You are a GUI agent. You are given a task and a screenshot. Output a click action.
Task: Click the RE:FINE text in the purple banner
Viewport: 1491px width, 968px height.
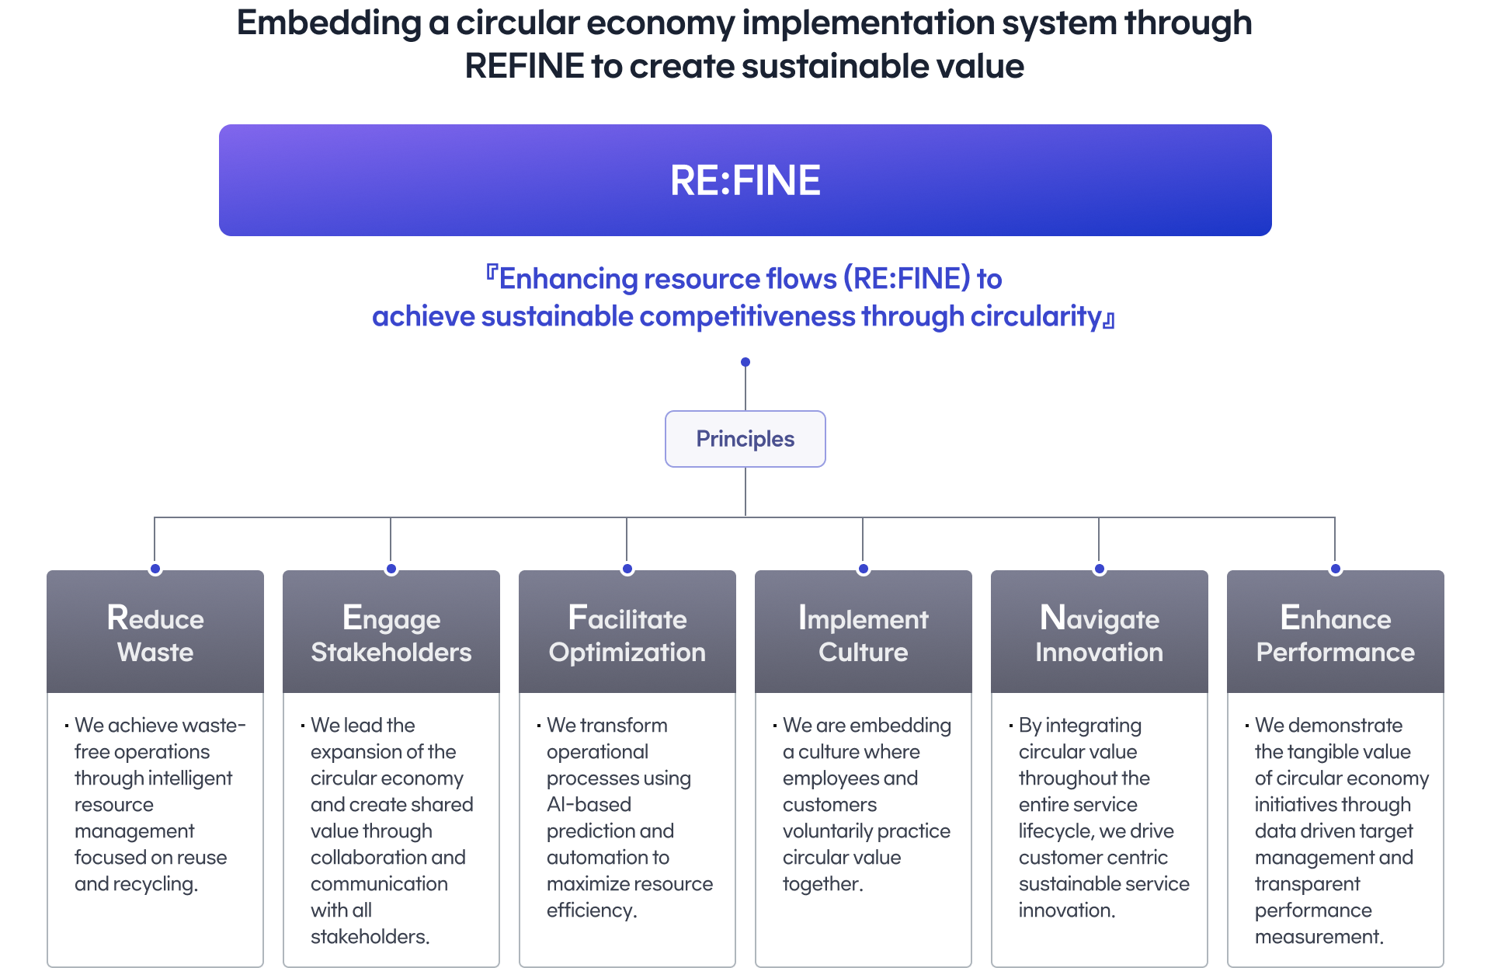point(745,180)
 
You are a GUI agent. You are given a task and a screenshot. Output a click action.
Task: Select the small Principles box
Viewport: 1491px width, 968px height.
point(745,439)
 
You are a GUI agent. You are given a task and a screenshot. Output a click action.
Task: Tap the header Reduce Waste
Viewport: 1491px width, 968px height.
point(155,635)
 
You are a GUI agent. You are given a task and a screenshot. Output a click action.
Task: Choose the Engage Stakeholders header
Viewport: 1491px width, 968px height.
point(391,635)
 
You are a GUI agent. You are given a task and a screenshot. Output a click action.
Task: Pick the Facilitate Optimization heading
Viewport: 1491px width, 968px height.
point(627,635)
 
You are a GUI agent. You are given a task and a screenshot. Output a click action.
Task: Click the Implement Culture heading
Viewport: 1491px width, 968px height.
point(864,635)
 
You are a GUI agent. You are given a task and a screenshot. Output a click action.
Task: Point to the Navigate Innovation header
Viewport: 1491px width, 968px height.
point(1100,635)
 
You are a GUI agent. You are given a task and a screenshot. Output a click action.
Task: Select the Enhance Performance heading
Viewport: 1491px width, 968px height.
point(1336,635)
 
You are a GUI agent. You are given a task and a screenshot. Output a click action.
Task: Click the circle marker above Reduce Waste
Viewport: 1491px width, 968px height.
point(155,569)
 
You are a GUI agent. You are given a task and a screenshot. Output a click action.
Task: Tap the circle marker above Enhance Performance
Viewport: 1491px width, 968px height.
point(1336,569)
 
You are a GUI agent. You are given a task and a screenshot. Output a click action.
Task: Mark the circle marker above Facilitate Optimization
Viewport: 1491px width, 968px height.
point(627,569)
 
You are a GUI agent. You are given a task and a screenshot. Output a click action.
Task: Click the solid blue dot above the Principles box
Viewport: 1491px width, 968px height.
point(745,362)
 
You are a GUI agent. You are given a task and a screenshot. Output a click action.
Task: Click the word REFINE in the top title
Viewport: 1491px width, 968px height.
point(524,66)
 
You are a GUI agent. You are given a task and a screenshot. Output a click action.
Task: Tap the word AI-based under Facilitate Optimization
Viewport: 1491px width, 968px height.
point(589,805)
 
